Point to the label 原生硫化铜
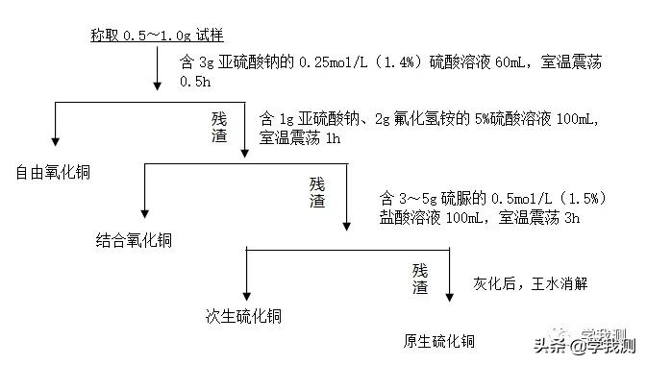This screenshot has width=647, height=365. point(438,341)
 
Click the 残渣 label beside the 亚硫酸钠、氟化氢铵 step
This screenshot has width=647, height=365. point(220,128)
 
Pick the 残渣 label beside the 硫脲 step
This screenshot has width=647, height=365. point(317,192)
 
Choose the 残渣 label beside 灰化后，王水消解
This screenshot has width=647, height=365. point(420,278)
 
